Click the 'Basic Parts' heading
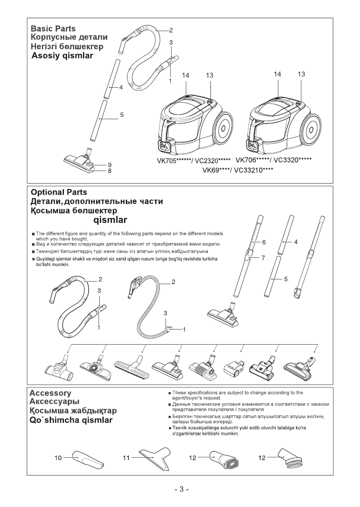click(x=53, y=29)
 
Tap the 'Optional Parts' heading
click(x=58, y=193)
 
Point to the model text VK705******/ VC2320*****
click(x=194, y=162)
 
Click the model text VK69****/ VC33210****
click(x=238, y=170)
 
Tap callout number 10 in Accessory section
click(x=58, y=457)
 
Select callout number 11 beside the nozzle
click(x=126, y=457)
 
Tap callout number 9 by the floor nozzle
click(x=110, y=165)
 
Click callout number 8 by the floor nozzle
click(x=110, y=171)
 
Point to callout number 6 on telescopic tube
click(x=264, y=243)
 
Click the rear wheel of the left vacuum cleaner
click(x=223, y=129)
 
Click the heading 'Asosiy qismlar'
click(x=62, y=56)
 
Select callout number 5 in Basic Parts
click(x=122, y=115)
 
